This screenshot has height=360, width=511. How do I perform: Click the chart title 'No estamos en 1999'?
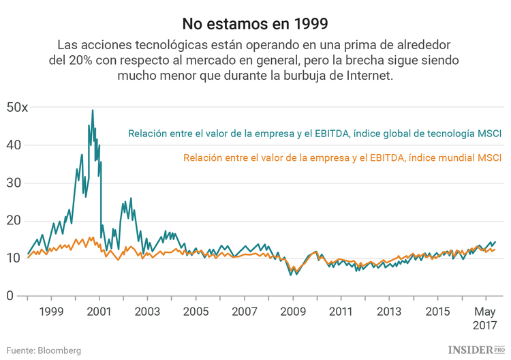(x=255, y=23)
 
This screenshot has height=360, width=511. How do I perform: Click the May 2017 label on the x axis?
(x=485, y=318)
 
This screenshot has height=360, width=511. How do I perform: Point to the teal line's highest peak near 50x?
(x=93, y=110)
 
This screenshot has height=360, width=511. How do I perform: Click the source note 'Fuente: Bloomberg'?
(x=44, y=350)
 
